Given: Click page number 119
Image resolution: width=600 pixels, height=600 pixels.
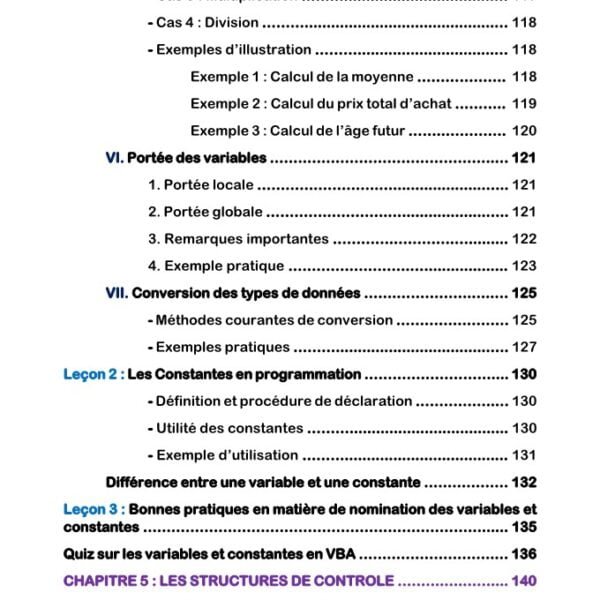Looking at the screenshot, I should tap(524, 103).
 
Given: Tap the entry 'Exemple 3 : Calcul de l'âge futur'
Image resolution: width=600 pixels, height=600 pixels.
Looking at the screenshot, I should tap(299, 130).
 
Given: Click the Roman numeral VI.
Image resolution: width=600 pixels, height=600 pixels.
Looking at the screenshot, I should tap(113, 157).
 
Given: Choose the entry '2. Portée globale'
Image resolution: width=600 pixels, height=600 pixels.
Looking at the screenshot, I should tap(205, 212).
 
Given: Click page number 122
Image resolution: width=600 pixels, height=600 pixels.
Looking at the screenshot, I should tap(524, 239).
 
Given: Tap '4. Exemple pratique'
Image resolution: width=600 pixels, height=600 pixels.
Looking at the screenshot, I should tap(216, 266).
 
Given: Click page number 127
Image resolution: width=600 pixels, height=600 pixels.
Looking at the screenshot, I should tap(524, 347).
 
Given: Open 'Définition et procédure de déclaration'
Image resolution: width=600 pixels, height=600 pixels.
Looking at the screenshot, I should tap(283, 401).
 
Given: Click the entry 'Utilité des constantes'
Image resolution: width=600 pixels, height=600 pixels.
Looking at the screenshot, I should tap(229, 428).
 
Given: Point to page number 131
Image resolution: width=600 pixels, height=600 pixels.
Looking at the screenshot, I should tap(524, 455).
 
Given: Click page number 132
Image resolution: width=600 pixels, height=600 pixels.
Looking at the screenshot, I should tap(524, 482).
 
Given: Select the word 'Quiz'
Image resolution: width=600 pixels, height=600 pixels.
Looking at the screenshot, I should tap(80, 554).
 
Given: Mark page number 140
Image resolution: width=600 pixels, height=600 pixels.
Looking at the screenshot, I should tap(524, 581).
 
